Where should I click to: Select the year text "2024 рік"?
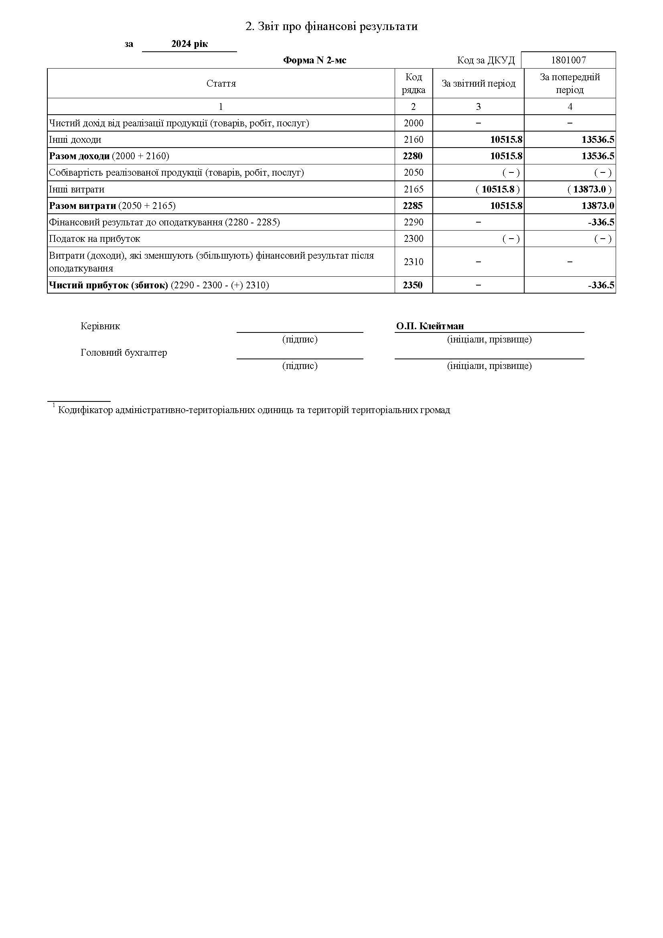190,44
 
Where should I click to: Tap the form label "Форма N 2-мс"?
314,61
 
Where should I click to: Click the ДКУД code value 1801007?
568,61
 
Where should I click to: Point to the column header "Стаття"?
221,84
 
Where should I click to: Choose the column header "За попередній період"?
570,83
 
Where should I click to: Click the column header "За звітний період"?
478,84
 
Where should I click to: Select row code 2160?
414,140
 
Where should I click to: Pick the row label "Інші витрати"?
77,190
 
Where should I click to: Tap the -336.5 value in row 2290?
601,223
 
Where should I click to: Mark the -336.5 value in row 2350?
601,285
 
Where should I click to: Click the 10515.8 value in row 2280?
506,156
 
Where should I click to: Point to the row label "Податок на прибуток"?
94,239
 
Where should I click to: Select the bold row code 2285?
413,206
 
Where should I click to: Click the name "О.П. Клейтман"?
430,326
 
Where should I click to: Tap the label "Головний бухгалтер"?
124,353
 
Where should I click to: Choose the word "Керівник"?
101,326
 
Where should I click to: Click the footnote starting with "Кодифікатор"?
253,410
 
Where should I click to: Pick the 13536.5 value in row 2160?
598,140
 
